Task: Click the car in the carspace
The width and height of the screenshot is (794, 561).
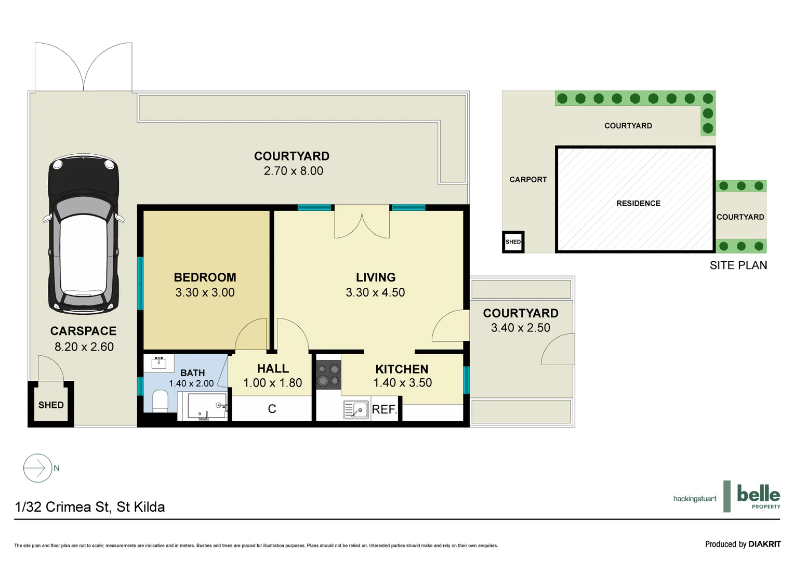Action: tap(84, 234)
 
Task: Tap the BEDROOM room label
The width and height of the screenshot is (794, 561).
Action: tap(205, 277)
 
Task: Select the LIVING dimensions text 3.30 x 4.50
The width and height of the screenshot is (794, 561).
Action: tap(375, 292)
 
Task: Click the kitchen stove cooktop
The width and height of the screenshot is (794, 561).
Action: tap(328, 375)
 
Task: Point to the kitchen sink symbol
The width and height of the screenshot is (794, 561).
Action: tap(356, 410)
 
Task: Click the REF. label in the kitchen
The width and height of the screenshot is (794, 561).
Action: tap(384, 409)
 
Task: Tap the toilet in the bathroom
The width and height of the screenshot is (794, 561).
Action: tap(160, 400)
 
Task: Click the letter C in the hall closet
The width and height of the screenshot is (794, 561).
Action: tap(272, 409)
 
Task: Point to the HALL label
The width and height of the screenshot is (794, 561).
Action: tap(273, 369)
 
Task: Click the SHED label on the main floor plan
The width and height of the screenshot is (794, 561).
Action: tap(51, 405)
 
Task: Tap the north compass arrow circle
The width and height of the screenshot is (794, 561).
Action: tap(37, 468)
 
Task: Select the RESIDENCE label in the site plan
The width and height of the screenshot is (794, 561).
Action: tap(638, 203)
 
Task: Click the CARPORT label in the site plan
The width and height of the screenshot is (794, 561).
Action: tap(528, 180)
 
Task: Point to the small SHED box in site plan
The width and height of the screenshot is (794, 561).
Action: tap(513, 242)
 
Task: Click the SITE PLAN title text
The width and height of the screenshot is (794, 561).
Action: tap(738, 265)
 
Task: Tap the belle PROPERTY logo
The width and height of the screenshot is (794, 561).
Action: tap(758, 496)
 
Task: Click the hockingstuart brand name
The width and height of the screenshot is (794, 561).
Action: tap(695, 499)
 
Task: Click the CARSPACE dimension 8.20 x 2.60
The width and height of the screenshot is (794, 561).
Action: tap(84, 347)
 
